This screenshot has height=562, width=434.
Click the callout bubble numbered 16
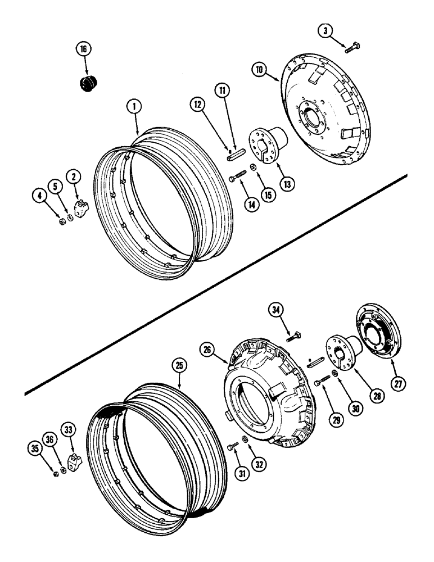83,49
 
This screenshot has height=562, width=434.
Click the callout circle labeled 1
135,106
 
